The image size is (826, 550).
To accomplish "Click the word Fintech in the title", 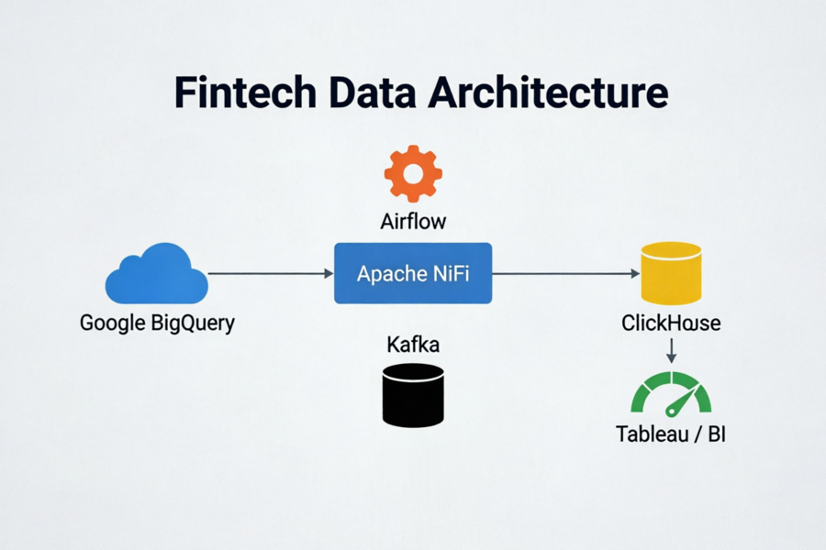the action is tap(245, 92).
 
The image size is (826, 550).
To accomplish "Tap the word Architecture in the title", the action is tap(548, 92).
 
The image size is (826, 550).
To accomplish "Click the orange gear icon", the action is tap(413, 173).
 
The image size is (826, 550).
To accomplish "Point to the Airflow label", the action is tap(413, 222).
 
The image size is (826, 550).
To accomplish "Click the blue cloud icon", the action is tap(156, 273).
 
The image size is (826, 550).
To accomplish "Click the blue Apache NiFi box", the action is tap(413, 273).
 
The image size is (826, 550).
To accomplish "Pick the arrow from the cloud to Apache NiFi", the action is tap(271, 274).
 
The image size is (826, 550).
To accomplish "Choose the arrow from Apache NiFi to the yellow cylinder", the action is tap(566, 274).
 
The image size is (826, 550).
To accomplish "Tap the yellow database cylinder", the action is tap(671, 273).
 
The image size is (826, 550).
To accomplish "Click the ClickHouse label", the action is tap(671, 324).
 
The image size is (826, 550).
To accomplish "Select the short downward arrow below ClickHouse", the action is tap(671, 351).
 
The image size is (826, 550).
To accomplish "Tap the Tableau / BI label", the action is tap(671, 434).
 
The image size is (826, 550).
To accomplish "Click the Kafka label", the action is tap(413, 345).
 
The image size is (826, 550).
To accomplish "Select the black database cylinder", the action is tap(413, 395).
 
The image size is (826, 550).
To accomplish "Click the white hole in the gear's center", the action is tap(413, 173).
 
